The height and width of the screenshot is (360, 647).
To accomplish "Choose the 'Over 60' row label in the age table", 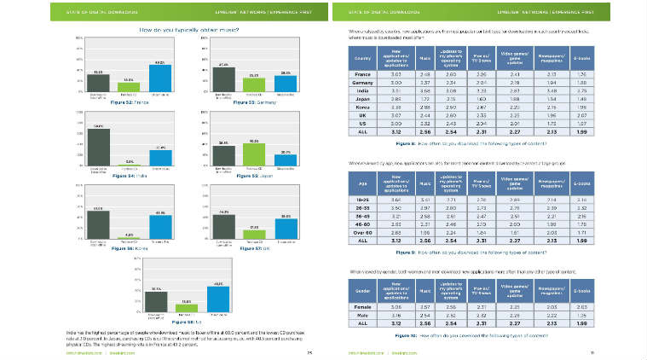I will click(360, 230).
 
